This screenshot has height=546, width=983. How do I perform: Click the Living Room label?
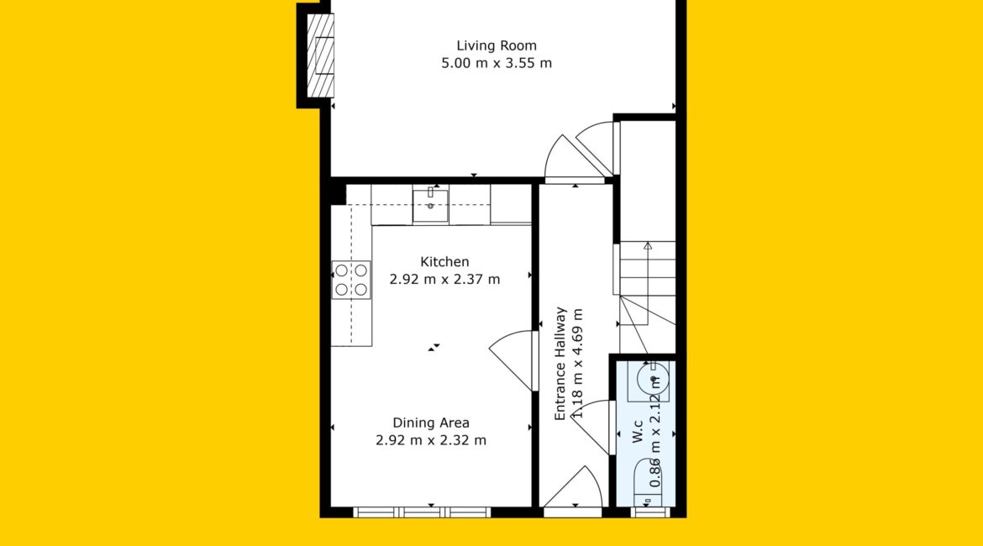[496, 45]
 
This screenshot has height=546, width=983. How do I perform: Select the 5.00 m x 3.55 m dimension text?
[497, 63]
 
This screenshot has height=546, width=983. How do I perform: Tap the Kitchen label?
[444, 261]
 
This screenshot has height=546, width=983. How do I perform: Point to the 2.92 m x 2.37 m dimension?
[444, 279]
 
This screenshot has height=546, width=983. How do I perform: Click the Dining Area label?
[431, 423]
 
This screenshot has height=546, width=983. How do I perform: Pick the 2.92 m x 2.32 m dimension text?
[431, 440]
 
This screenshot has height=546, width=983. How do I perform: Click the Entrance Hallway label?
[560, 364]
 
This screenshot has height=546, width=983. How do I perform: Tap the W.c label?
[638, 432]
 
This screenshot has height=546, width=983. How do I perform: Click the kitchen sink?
[431, 205]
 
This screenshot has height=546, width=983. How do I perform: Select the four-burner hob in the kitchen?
[351, 281]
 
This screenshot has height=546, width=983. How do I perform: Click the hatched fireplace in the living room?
[320, 55]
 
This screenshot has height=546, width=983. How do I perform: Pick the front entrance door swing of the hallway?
[573, 487]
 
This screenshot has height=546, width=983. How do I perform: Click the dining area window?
[422, 512]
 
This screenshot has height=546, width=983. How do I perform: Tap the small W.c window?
[650, 512]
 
